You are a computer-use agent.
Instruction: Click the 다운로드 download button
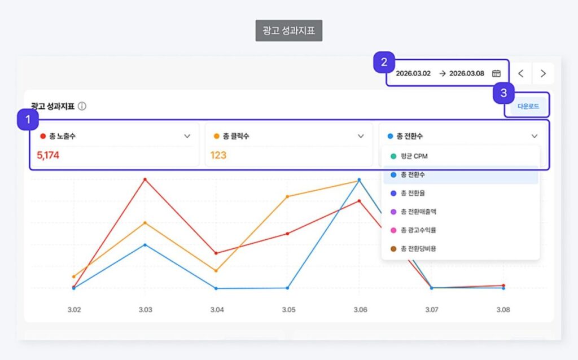[528, 106]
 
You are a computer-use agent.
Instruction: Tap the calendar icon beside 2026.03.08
[496, 73]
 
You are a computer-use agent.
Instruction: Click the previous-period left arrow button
[521, 73]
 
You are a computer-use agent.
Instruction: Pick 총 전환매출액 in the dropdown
[418, 212]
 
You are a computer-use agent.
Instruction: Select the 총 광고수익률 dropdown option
[418, 230]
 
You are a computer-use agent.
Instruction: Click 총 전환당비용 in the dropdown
[418, 248]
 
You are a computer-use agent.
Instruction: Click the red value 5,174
[48, 155]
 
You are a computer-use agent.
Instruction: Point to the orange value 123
[218, 155]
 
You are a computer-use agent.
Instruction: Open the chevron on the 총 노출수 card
[187, 136]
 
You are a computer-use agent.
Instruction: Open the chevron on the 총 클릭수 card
[361, 136]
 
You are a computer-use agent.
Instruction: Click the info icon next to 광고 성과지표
[82, 106]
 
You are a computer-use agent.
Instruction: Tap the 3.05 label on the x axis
[288, 310]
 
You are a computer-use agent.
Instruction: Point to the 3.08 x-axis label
[503, 310]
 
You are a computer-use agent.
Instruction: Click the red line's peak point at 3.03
[145, 179]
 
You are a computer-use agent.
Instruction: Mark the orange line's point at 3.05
[287, 196]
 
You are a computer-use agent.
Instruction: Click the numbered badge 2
[384, 63]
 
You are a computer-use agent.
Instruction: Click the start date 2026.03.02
[413, 73]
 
